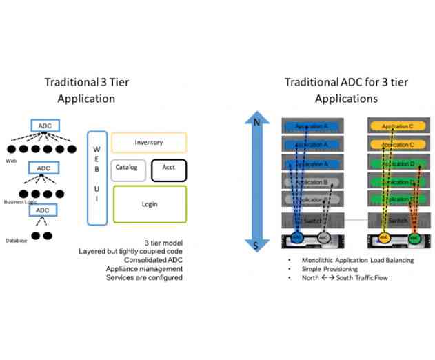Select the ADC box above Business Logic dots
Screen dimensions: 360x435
(43, 168)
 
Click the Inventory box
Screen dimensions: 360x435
(148, 143)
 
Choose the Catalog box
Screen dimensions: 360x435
(126, 168)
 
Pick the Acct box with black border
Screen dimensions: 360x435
(168, 168)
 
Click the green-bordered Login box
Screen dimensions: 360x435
(150, 204)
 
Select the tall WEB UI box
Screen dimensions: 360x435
(97, 178)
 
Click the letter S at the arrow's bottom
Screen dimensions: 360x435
(256, 245)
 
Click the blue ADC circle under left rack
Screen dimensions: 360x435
(296, 237)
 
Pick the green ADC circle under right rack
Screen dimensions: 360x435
(414, 237)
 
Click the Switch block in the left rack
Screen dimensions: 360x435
(312, 219)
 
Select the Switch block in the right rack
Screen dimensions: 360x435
(398, 219)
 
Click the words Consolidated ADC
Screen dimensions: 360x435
(150, 260)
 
